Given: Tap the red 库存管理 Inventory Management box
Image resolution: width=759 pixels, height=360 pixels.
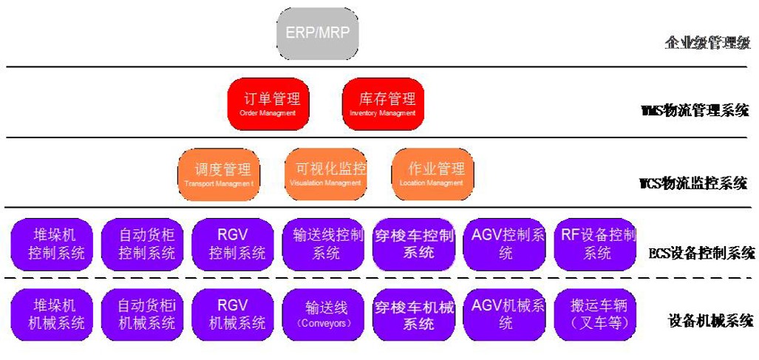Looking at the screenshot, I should pyautogui.click(x=381, y=103).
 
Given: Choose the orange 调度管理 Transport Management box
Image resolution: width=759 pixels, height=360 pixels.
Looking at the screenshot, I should pyautogui.click(x=219, y=174).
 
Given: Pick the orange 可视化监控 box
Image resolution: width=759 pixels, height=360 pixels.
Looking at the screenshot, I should pyautogui.click(x=326, y=174).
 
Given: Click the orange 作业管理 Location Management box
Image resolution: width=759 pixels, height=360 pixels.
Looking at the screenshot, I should pyautogui.click(x=432, y=174).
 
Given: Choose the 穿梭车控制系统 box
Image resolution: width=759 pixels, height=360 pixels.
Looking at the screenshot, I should pyautogui.click(x=414, y=244).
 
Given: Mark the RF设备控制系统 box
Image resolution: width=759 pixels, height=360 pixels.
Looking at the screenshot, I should pyautogui.click(x=596, y=244).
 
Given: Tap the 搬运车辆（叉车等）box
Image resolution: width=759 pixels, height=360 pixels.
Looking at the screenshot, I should pyautogui.click(x=596, y=313).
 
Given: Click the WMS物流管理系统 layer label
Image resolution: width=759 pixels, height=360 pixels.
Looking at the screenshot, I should pyautogui.click(x=695, y=111).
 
